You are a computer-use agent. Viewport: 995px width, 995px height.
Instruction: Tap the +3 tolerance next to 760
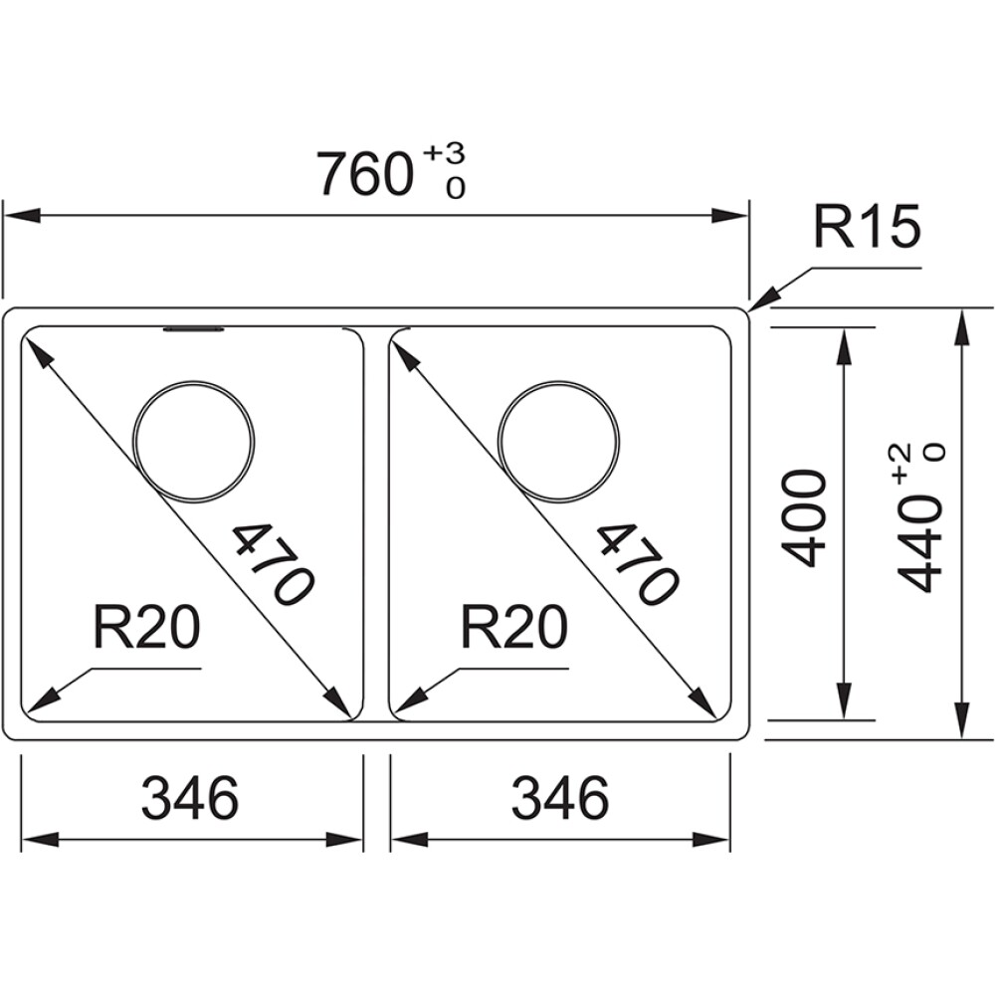[x=445, y=154]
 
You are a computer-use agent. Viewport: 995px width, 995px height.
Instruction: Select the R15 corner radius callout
[x=863, y=229]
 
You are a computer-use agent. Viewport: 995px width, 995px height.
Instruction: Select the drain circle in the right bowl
[x=560, y=440]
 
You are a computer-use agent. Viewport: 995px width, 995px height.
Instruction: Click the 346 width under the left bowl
[x=190, y=798]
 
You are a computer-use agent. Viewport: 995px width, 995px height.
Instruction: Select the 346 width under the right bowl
[x=559, y=798]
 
